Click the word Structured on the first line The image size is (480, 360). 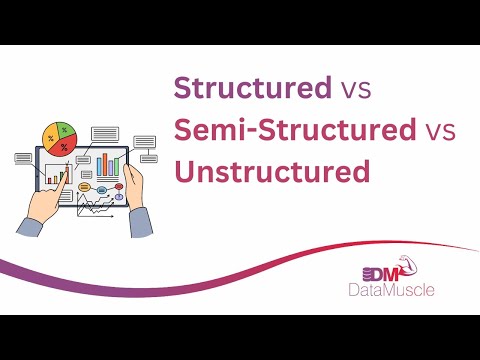click(x=251, y=88)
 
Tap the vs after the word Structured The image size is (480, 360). click(x=352, y=88)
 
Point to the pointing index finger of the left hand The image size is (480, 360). click(x=64, y=179)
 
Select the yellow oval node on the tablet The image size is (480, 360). click(x=85, y=187)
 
